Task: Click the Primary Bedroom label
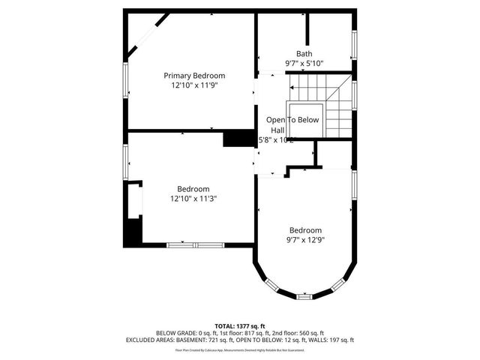click(x=194, y=76)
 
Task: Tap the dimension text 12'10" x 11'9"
click(x=194, y=86)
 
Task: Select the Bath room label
click(x=304, y=53)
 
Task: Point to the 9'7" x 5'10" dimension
click(x=304, y=64)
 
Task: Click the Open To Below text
click(x=292, y=120)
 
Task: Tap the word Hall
click(x=277, y=130)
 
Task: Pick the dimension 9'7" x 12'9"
click(x=305, y=240)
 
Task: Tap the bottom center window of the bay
click(x=304, y=296)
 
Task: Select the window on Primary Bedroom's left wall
click(x=126, y=82)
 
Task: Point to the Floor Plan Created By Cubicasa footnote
click(x=239, y=349)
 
